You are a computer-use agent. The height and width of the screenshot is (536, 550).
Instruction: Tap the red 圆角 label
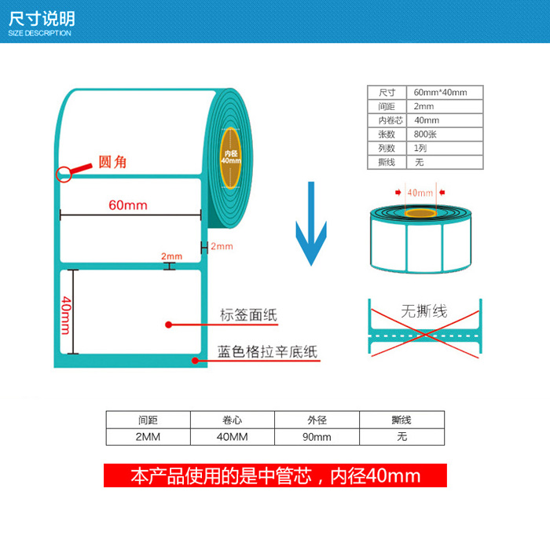[x=112, y=162]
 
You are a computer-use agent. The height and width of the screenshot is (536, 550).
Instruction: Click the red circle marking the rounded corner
[x=63, y=174]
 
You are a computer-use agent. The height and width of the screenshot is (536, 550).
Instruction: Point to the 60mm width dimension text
[x=128, y=205]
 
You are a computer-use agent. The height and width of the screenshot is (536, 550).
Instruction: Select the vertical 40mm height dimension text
[x=67, y=313]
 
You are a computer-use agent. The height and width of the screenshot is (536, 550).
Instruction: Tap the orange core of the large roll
[x=230, y=157]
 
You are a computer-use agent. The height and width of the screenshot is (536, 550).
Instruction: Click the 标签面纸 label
[x=248, y=316]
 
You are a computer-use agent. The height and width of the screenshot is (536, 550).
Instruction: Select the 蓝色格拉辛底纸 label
[x=267, y=352]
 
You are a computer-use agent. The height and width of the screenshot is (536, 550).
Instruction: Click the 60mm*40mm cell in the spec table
[x=440, y=92]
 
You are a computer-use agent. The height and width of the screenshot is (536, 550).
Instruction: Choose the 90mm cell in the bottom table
[x=317, y=437]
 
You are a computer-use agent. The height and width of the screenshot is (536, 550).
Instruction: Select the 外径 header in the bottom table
[x=317, y=420]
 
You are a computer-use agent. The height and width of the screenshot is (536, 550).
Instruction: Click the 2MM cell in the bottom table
[x=148, y=437]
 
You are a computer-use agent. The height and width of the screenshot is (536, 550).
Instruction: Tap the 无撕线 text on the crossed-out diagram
[x=423, y=311]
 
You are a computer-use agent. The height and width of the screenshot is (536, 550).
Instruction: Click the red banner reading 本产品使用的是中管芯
[x=275, y=475]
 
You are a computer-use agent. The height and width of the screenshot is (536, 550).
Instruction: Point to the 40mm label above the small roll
[x=420, y=193]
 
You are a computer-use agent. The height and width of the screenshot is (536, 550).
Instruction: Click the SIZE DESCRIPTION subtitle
[x=39, y=33]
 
